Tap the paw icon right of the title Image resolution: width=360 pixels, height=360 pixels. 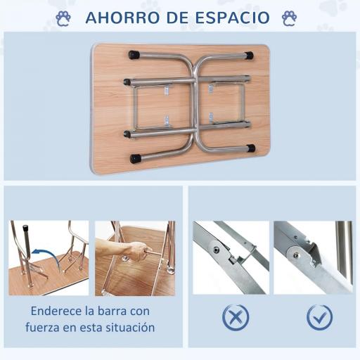coord(288,17)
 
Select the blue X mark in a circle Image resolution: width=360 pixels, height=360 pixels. coord(236,317)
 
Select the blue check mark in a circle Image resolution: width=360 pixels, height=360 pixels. coord(320,317)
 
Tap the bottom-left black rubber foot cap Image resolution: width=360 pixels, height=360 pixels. coord(134,159)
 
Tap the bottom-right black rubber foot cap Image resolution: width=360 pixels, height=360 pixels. coord(251,148)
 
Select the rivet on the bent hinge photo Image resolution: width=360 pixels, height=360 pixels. coord(216,250)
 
